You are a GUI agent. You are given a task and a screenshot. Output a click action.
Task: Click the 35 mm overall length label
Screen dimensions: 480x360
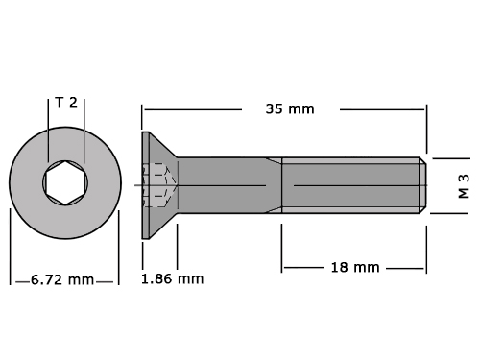290,109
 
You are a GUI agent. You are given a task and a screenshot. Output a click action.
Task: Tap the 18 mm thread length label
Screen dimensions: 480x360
355,268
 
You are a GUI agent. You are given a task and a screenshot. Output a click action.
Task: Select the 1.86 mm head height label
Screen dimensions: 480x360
173,279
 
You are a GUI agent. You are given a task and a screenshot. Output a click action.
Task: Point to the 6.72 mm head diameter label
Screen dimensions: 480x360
62,280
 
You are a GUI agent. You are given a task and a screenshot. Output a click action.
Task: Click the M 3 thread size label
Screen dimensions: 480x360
464,186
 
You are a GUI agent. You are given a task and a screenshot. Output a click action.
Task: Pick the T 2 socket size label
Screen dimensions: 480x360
66,103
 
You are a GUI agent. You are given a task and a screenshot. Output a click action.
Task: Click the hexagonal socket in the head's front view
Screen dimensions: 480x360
65,182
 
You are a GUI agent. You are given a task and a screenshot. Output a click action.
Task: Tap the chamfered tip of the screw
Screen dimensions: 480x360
423,185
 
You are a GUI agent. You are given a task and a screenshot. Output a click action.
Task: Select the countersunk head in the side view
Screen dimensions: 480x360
159,185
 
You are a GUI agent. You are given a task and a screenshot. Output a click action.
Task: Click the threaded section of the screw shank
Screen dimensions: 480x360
350,185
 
